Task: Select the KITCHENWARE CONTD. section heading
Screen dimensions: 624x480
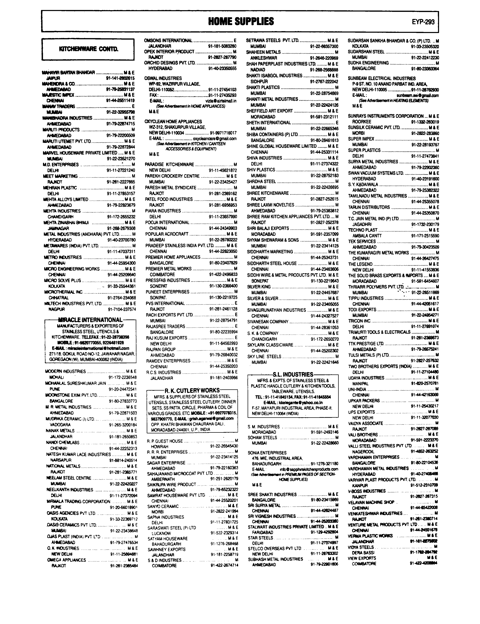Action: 88,49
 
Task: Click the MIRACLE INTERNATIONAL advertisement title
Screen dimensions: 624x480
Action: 90,320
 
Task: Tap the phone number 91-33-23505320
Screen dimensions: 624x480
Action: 425,46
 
